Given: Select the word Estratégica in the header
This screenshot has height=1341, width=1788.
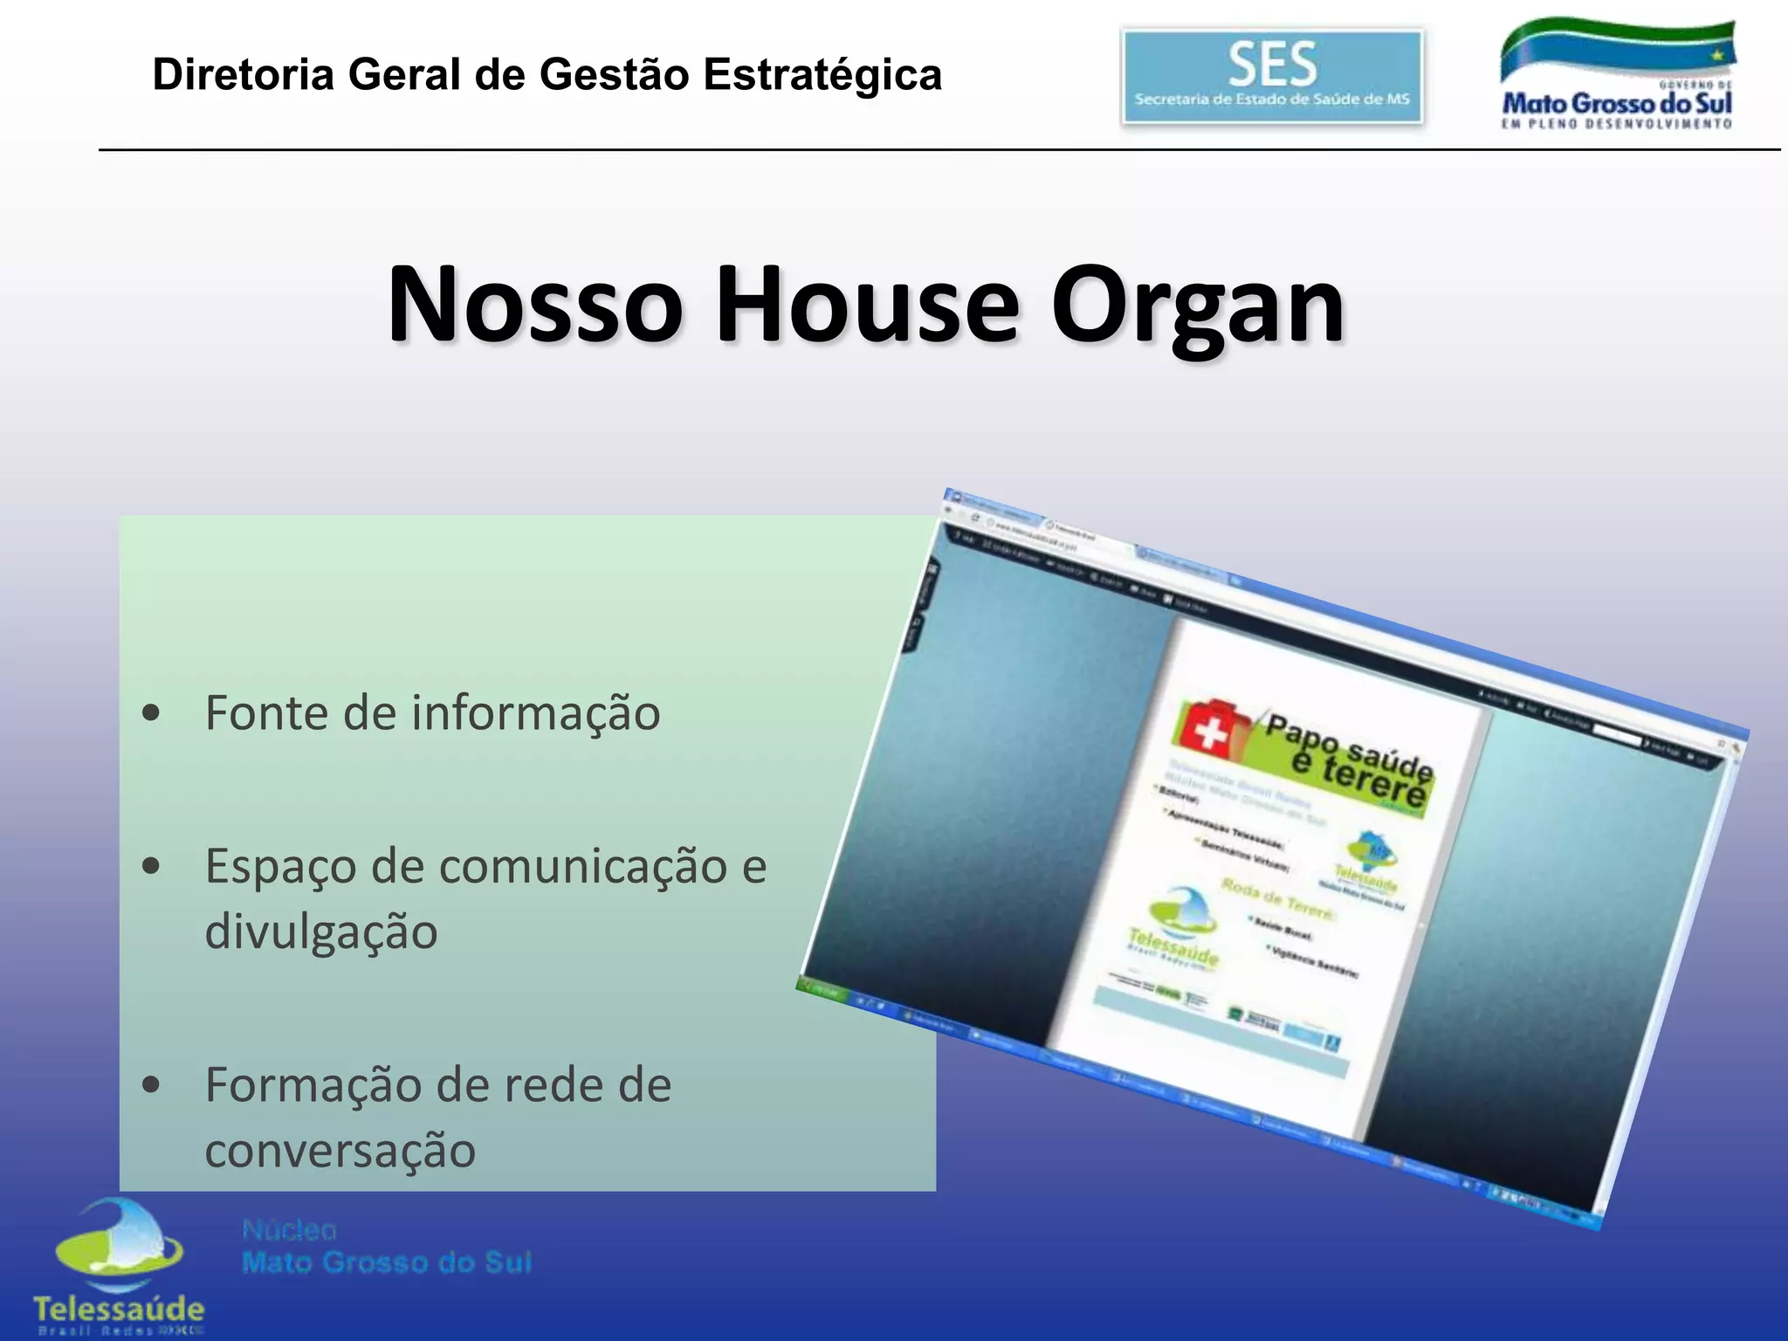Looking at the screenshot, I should [x=822, y=74].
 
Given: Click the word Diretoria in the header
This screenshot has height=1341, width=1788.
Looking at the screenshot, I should [x=244, y=74].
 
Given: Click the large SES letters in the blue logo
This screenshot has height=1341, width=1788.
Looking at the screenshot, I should [x=1272, y=64].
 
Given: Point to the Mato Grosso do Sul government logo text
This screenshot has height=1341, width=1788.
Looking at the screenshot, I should [x=1616, y=104].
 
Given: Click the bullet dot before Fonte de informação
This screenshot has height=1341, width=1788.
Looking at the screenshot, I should [x=151, y=713].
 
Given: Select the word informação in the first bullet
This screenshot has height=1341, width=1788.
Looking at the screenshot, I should [x=535, y=713].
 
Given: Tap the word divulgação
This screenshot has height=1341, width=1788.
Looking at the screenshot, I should [x=320, y=932].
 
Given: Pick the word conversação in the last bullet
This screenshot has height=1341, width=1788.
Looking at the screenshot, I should [x=340, y=1150].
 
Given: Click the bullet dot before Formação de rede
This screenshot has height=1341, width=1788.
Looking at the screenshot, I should [x=151, y=1085].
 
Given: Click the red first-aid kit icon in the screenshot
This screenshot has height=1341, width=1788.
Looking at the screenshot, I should [x=1210, y=726].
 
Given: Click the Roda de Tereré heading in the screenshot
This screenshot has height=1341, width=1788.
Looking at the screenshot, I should [x=1276, y=899].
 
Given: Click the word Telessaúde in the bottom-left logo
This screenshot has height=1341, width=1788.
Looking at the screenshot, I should [x=119, y=1309].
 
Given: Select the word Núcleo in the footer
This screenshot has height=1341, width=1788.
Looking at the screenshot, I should [x=289, y=1230].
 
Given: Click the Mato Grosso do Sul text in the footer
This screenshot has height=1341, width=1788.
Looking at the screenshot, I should [x=387, y=1262].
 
